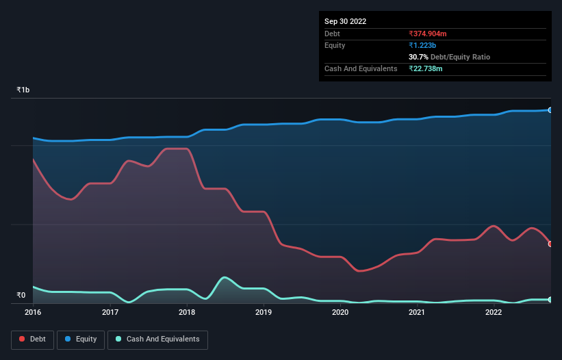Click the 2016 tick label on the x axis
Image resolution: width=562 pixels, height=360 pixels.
tap(33, 313)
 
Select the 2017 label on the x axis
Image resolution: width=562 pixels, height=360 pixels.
tap(110, 313)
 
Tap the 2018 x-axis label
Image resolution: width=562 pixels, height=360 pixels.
tap(186, 313)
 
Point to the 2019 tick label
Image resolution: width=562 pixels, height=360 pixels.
tap(264, 313)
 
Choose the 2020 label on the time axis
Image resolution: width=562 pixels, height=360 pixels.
tap(340, 313)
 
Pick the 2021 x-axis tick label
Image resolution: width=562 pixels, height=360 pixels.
tap(417, 313)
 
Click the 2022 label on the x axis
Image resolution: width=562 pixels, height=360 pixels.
tap(494, 313)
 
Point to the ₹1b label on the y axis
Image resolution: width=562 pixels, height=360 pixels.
tap(23, 90)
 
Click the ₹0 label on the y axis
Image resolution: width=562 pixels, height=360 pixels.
tap(21, 296)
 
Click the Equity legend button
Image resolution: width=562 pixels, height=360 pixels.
tap(81, 339)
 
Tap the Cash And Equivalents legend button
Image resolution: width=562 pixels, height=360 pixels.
tap(157, 339)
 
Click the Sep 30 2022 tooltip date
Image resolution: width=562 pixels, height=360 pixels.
tap(346, 21)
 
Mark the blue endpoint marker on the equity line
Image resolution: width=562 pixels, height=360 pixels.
tap(550, 110)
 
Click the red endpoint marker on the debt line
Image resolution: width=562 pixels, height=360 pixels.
tap(550, 244)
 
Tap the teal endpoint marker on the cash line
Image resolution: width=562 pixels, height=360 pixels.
tap(550, 300)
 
